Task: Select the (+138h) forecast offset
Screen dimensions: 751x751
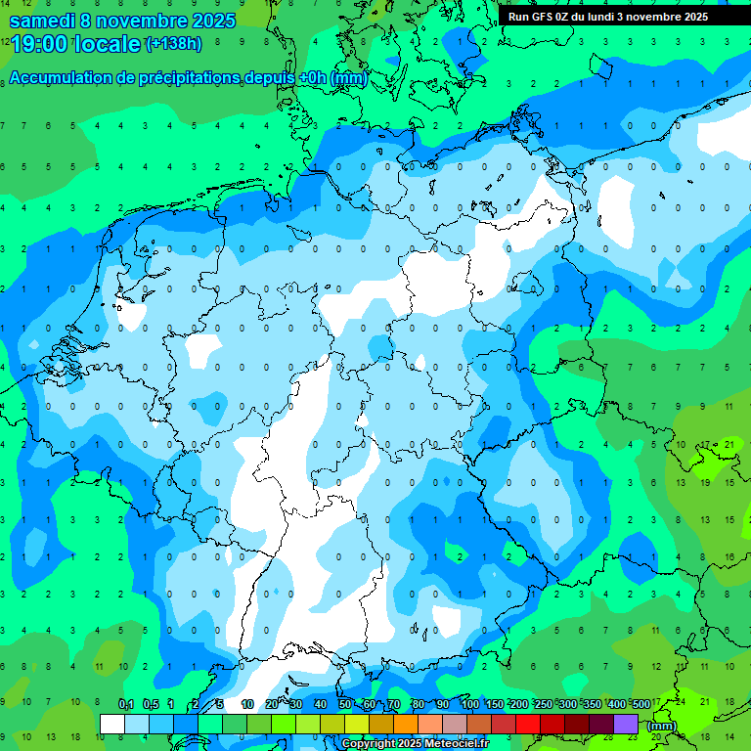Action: (x=174, y=43)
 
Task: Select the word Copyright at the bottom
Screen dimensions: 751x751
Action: (x=371, y=744)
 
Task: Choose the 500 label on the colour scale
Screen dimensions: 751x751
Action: (x=641, y=704)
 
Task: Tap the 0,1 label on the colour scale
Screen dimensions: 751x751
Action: (x=126, y=704)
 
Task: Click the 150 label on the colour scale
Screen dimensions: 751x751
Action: (x=494, y=704)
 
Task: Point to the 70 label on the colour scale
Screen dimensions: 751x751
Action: (x=394, y=704)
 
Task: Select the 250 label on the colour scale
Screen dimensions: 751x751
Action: (x=543, y=704)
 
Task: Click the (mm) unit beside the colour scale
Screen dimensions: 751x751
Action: (x=662, y=726)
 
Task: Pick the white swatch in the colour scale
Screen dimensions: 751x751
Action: (x=112, y=724)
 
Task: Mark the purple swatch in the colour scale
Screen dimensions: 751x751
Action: (x=626, y=724)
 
